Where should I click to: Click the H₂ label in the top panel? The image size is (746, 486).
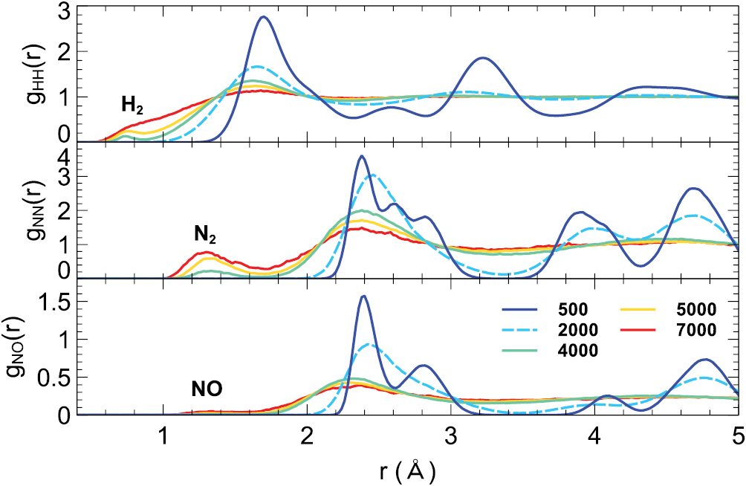(x=132, y=105)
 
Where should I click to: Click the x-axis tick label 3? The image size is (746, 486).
(x=450, y=436)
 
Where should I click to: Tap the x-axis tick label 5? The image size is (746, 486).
(x=736, y=436)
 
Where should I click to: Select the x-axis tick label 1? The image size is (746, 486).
(x=163, y=436)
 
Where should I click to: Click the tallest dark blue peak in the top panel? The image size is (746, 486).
(x=263, y=17)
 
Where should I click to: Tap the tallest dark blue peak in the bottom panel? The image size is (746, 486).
(x=363, y=297)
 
